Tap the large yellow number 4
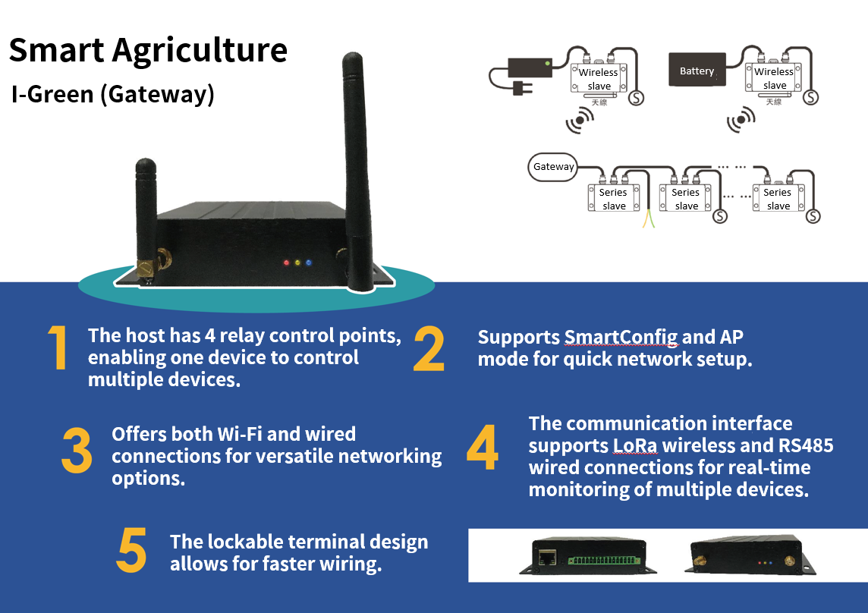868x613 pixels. click(482, 448)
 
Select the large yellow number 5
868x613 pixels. click(131, 551)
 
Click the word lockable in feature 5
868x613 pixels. click(244, 542)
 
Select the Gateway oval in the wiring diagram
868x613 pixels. click(553, 167)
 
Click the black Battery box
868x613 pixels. click(697, 71)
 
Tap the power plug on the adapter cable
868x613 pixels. click(521, 90)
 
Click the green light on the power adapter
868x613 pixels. click(548, 64)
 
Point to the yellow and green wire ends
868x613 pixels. click(647, 219)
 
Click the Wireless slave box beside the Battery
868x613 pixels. click(774, 78)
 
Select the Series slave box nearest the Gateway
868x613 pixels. click(613, 199)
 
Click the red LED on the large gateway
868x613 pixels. click(286, 263)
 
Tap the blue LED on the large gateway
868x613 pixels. click(308, 263)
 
